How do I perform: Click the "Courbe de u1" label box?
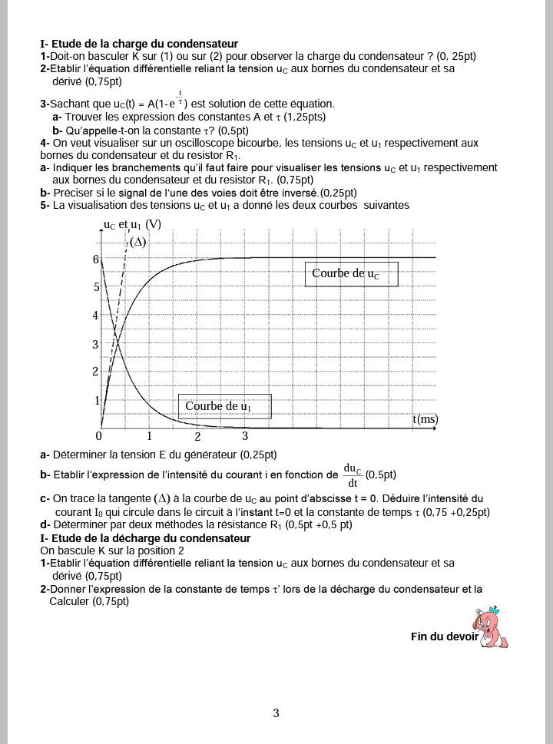coord(224,406)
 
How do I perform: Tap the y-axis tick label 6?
coord(96,260)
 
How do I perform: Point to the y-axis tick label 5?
coord(96,287)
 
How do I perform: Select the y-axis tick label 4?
coord(96,316)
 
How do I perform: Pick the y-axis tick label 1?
coord(97,400)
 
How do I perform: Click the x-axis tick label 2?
coord(197,437)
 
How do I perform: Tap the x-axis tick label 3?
coord(245,436)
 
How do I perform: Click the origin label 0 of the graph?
coord(100,435)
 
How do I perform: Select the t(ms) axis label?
coord(425,418)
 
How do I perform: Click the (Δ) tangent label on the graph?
coord(137,242)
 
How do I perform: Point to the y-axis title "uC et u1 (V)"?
coord(132,225)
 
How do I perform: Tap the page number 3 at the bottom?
coord(276,713)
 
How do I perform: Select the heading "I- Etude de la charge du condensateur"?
coord(138,45)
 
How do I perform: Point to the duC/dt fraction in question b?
coord(353,475)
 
